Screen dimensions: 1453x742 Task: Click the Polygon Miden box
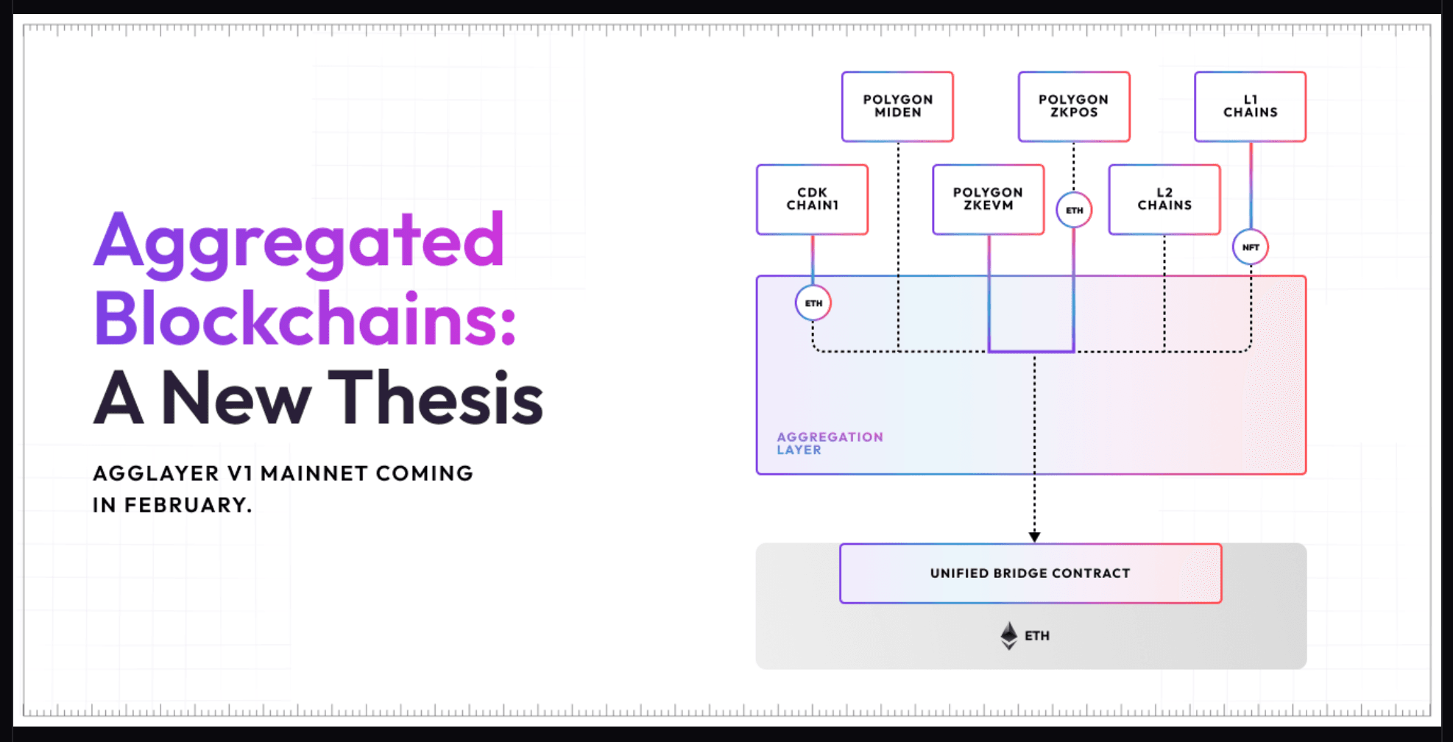click(x=897, y=106)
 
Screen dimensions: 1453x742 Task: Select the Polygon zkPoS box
click(x=1074, y=106)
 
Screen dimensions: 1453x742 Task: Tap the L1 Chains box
click(x=1251, y=106)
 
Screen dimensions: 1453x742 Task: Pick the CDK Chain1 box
click(x=813, y=199)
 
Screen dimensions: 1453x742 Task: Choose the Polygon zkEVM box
click(x=989, y=199)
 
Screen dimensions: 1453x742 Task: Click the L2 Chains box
click(x=1164, y=199)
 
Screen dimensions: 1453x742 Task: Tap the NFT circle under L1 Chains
click(x=1251, y=247)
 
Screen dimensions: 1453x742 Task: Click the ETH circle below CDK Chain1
click(x=813, y=303)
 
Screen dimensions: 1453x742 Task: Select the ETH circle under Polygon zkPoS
click(x=1074, y=211)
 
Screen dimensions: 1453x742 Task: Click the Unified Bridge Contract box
click(x=1030, y=573)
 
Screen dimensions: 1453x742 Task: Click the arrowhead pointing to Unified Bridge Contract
click(x=1034, y=537)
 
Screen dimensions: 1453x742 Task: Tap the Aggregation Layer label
click(x=830, y=443)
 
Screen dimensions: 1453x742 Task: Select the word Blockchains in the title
click(x=305, y=319)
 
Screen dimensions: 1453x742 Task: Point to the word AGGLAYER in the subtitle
click(x=156, y=473)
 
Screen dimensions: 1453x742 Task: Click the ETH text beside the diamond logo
click(x=1037, y=636)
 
